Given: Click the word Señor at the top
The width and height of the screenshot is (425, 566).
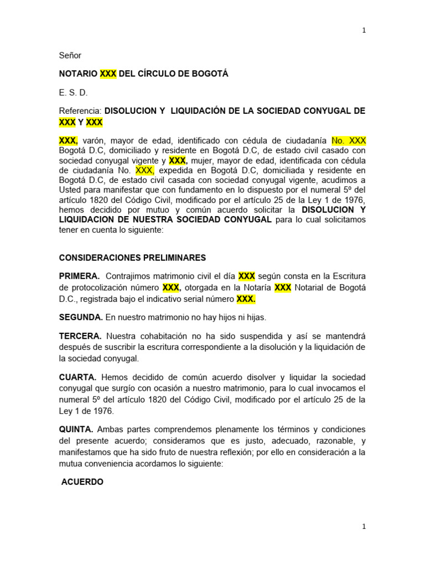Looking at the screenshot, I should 70,55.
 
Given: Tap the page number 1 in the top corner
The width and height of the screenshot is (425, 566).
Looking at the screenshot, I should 364,30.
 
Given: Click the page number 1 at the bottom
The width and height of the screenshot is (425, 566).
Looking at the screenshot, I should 364,527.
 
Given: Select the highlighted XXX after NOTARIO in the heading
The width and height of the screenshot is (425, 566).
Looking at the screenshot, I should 108,74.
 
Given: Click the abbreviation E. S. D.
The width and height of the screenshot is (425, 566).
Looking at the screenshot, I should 73,93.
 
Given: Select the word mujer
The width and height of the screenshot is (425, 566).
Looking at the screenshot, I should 203,160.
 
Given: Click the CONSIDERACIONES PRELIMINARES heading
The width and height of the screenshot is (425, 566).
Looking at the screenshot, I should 132,258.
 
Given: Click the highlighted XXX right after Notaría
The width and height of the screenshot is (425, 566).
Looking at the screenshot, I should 283,288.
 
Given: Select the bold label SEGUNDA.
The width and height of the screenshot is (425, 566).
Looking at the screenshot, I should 81,317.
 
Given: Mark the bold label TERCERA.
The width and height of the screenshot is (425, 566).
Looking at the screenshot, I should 80,336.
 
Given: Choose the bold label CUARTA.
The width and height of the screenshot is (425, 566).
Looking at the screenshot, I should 78,377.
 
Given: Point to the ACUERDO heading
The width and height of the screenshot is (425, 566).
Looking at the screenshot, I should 82,482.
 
